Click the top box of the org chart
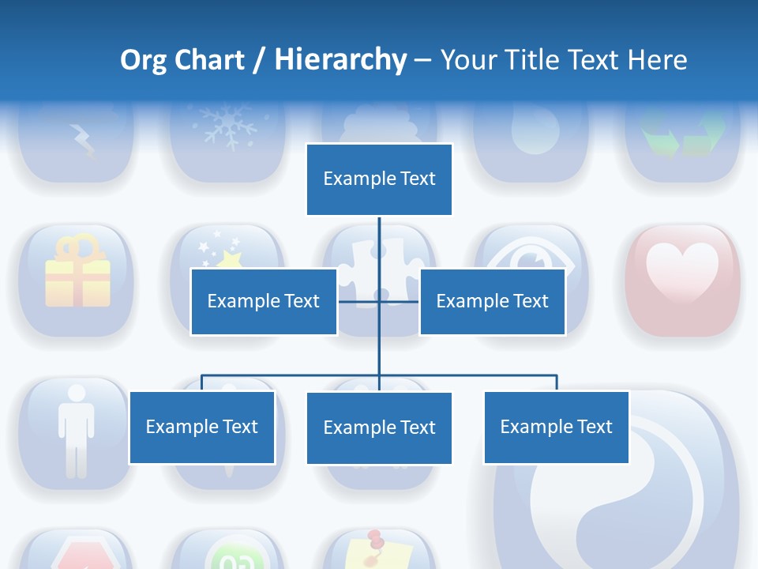tap(379, 179)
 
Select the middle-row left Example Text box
tap(264, 301)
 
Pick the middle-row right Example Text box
tap(492, 301)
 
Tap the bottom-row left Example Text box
tap(202, 427)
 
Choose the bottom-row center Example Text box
tap(379, 428)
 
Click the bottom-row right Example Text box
tap(556, 427)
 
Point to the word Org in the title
tap(143, 60)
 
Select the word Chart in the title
tap(209, 60)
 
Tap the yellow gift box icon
tap(77, 273)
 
